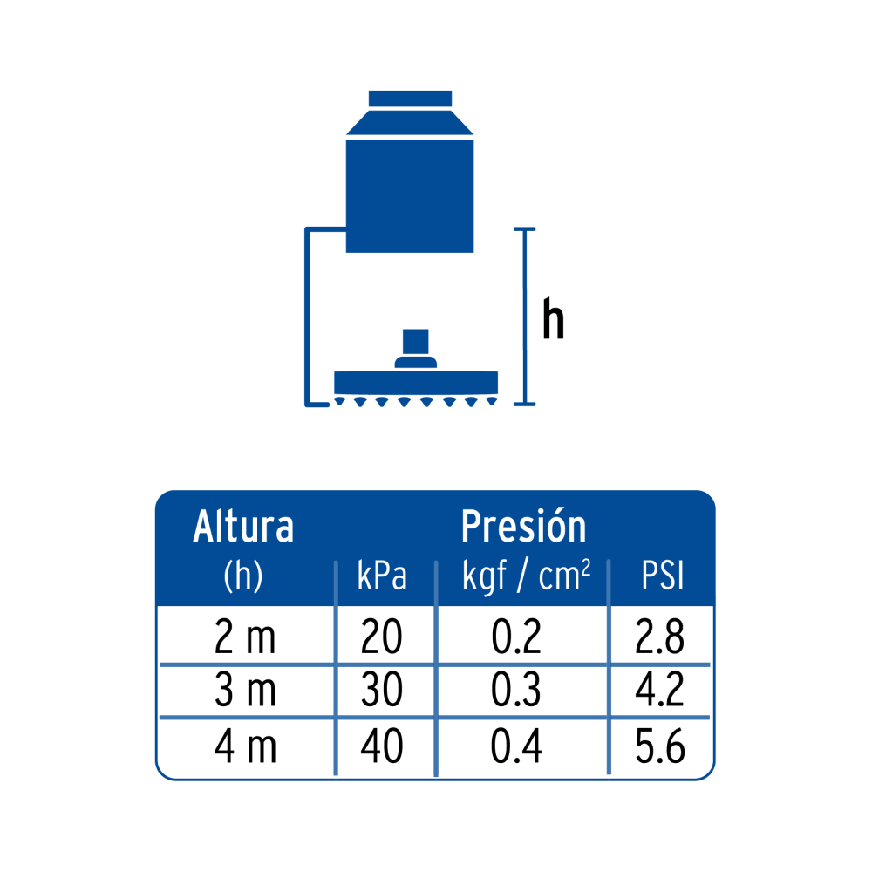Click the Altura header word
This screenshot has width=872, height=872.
pos(243,526)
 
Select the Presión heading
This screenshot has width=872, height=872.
pos(523,526)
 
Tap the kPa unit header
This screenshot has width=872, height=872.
pos(382,575)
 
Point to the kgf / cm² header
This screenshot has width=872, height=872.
pos(526,576)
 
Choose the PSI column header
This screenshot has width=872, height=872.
pos(662,576)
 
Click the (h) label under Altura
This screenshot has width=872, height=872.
pos(243,576)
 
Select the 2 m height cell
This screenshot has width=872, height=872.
pos(245,637)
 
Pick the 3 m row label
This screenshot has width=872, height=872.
pos(245,690)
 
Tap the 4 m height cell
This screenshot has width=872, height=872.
pos(245,746)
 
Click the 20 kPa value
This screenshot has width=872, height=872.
pos(382,637)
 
